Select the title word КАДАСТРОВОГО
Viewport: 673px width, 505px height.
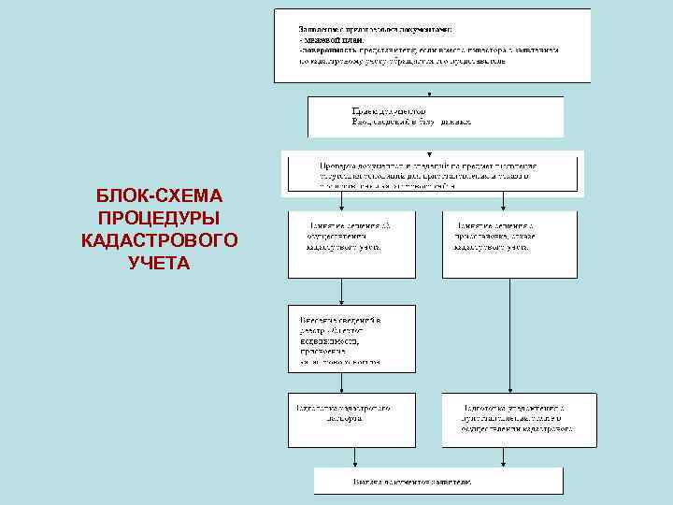pos(159,240)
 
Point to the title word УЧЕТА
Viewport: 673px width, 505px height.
pos(159,263)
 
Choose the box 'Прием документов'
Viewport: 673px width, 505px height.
pos(436,117)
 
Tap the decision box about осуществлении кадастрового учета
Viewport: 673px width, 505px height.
pos(351,243)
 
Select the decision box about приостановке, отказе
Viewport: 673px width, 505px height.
pos(509,243)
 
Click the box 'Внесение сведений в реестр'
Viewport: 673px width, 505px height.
pos(351,338)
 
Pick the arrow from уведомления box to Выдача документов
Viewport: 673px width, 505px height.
pos(506,456)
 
